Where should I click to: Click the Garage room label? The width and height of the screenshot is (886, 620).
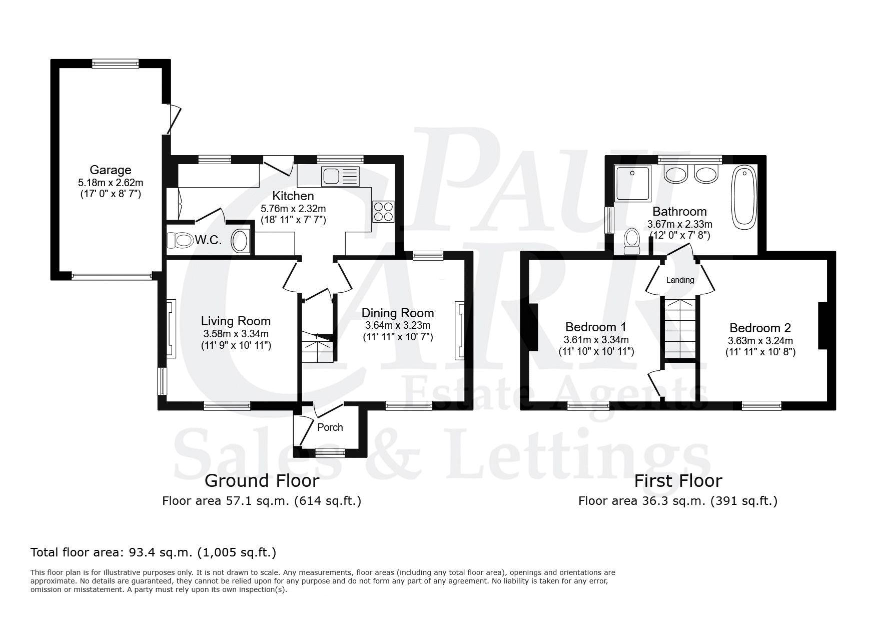[110, 170]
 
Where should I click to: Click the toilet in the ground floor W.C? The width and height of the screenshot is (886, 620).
[180, 241]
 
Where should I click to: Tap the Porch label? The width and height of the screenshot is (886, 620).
[330, 427]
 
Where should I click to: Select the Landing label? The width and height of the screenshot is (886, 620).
[680, 280]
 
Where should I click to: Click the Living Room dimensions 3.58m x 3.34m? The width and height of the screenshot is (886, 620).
[236, 334]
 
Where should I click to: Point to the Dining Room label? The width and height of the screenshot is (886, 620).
[398, 313]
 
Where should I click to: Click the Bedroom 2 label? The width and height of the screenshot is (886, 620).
[760, 328]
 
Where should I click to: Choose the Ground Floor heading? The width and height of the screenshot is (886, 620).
[262, 481]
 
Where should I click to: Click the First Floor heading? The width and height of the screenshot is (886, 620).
[678, 481]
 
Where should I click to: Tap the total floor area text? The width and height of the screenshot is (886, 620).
[154, 552]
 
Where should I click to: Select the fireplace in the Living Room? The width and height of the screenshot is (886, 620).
[171, 329]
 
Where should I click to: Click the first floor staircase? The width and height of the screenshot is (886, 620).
[679, 328]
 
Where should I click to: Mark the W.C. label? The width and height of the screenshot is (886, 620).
[208, 240]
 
